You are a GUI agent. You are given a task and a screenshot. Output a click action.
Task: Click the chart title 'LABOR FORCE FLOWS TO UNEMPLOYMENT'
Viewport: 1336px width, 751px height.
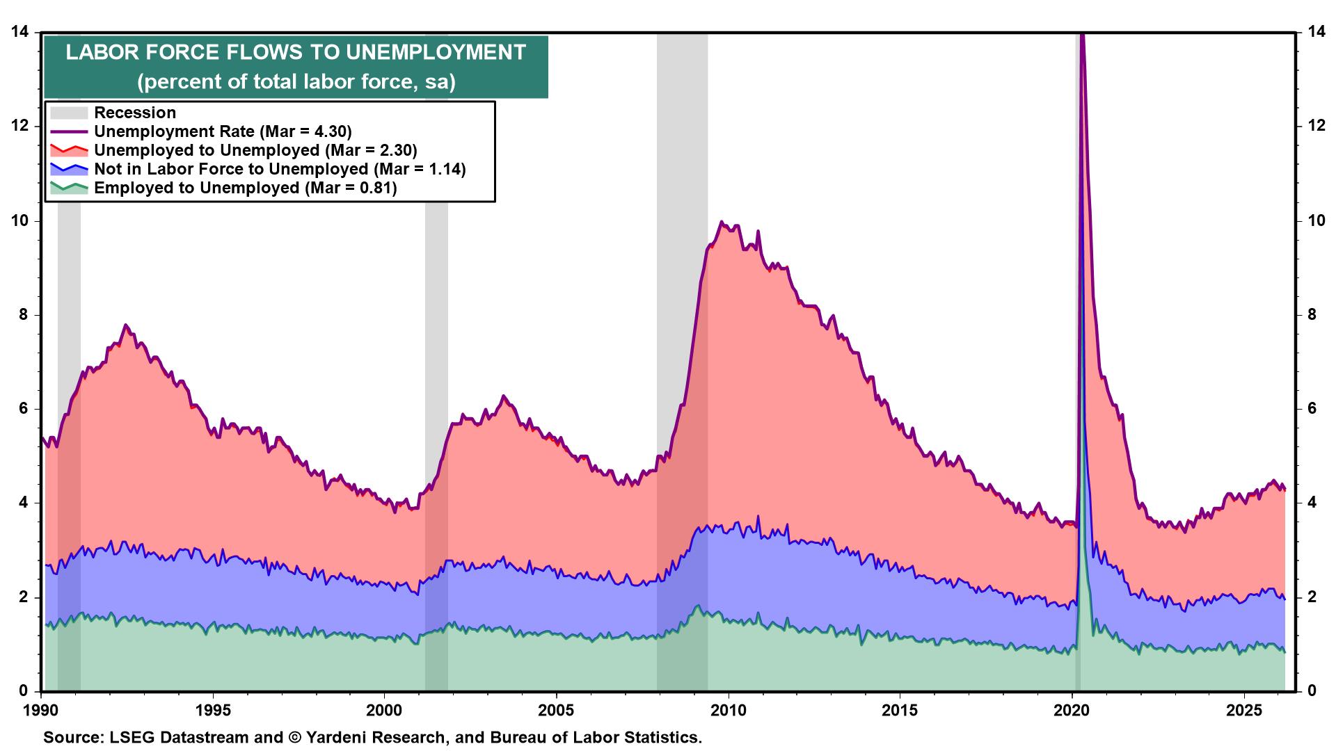tap(296, 53)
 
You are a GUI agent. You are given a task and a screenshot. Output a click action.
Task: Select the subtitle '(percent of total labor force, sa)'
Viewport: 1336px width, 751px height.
tap(296, 82)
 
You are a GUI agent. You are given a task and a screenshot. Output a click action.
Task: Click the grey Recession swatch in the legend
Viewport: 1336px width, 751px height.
tap(69, 113)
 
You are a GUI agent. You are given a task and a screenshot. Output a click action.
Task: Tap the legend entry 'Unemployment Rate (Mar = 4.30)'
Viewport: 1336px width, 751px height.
tap(223, 131)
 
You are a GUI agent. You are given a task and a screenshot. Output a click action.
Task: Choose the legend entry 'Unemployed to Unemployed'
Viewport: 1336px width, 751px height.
tap(255, 150)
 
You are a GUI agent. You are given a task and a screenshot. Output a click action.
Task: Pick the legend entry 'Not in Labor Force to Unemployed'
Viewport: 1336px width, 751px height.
tap(280, 169)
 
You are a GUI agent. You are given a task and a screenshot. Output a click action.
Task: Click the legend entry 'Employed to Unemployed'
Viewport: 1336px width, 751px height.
tap(245, 188)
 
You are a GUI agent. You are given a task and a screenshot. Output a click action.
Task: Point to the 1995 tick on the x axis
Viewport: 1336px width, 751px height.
tap(213, 711)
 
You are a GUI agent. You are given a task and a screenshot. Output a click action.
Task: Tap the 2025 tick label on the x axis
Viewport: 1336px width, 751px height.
tap(1244, 711)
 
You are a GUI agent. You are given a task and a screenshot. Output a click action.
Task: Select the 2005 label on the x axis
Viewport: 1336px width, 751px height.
tap(557, 711)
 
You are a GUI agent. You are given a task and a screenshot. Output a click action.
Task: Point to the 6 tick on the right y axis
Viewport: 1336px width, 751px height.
tap(1311, 409)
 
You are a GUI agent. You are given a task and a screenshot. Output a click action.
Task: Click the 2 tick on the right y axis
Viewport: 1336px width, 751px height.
tap(1311, 597)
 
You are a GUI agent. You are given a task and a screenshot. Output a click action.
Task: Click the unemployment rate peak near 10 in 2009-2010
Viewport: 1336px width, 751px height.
tap(721, 222)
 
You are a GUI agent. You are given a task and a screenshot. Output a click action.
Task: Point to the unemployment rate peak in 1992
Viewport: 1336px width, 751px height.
tap(125, 325)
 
